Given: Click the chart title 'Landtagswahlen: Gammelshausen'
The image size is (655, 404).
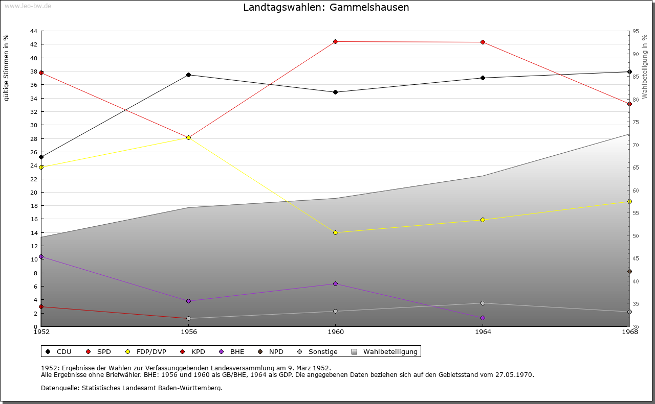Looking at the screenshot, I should [326, 8].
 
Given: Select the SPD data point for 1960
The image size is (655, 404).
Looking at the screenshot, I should [336, 41].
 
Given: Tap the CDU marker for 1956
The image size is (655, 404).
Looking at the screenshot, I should [188, 75].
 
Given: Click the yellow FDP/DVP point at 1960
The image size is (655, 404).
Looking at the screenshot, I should [336, 232].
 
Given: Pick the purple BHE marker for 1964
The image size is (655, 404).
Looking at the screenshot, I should [483, 318].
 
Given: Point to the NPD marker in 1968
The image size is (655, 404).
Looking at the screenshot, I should [629, 271].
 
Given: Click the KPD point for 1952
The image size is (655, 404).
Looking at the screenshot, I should [41, 306].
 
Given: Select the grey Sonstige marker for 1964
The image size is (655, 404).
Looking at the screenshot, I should [483, 303].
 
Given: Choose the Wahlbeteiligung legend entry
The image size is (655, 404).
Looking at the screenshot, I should [390, 351].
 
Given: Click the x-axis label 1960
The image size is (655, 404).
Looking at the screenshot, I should [336, 332].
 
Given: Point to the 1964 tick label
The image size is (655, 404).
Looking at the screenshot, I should [483, 332].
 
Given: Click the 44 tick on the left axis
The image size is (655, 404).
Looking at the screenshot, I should [34, 31].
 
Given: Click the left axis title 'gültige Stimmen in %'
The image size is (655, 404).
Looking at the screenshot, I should [7, 68].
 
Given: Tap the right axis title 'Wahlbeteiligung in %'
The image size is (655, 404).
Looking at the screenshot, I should [645, 67].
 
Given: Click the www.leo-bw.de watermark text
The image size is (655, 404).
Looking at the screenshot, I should [28, 6].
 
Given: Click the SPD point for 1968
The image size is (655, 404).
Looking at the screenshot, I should [629, 104].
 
